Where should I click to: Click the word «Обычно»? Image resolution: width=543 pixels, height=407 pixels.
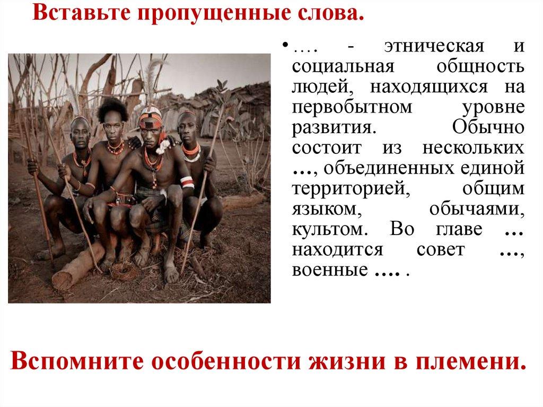tap(488, 128)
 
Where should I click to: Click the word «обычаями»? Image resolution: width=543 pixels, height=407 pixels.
tap(476, 210)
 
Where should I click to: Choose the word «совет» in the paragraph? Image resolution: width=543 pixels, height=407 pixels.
tap(440, 250)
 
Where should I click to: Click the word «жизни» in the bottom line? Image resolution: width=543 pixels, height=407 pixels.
tap(341, 362)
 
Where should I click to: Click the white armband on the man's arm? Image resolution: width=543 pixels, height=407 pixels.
tap(187, 183)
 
